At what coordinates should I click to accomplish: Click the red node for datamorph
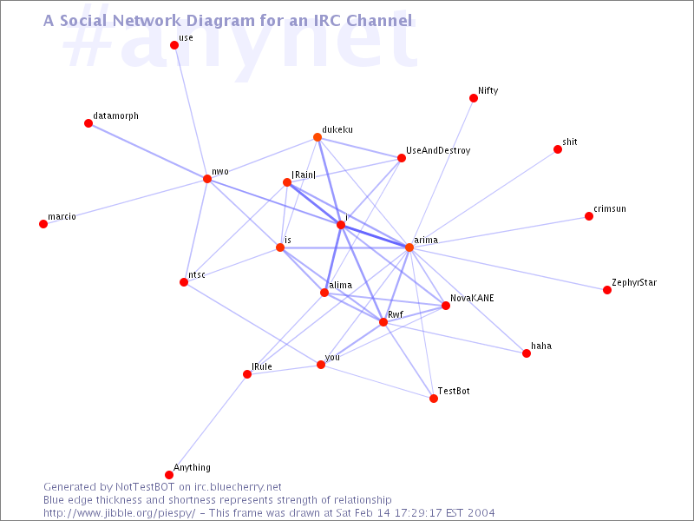pyautogui.click(x=88, y=123)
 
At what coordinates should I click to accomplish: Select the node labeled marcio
pyautogui.click(x=43, y=224)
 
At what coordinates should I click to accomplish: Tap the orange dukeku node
pyautogui.click(x=318, y=137)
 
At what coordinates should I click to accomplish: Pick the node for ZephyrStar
pyautogui.click(x=607, y=290)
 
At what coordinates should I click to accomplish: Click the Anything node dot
pyautogui.click(x=169, y=475)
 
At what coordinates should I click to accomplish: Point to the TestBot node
pyautogui.click(x=434, y=399)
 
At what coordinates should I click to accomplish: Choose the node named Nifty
pyautogui.click(x=474, y=98)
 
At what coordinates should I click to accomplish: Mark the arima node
pyautogui.click(x=409, y=247)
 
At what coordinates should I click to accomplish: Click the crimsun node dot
pyautogui.click(x=589, y=216)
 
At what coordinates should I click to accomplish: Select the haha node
pyautogui.click(x=527, y=353)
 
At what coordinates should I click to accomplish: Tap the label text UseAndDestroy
pyautogui.click(x=438, y=150)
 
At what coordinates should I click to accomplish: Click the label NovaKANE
pyautogui.click(x=472, y=298)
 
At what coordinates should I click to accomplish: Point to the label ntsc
pyautogui.click(x=197, y=274)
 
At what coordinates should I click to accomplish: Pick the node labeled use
pyautogui.click(x=174, y=45)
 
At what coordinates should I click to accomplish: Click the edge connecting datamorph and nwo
pyautogui.click(x=147, y=151)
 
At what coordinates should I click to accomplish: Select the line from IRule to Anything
pyautogui.click(x=208, y=425)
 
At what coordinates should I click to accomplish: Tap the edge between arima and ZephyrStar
pyautogui.click(x=508, y=268)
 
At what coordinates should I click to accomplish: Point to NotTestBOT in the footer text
pyautogui.click(x=145, y=487)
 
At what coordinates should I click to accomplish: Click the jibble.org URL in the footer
pyautogui.click(x=119, y=513)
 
